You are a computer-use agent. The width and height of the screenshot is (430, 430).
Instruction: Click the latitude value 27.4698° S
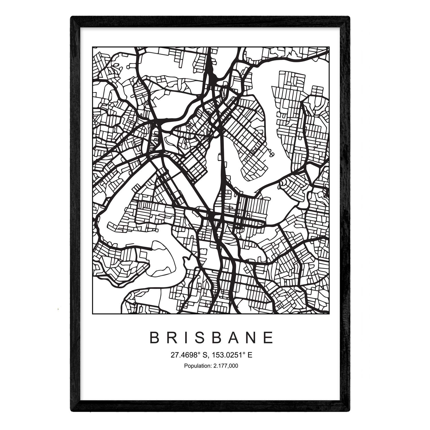(189, 355)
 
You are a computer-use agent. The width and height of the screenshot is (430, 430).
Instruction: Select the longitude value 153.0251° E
(232, 355)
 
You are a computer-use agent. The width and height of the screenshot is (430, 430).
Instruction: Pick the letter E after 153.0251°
(250, 355)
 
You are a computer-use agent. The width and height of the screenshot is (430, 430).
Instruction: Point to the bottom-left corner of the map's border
(92, 314)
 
